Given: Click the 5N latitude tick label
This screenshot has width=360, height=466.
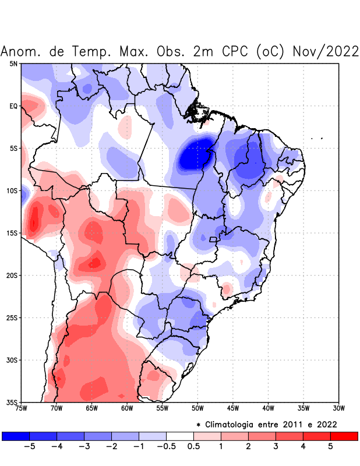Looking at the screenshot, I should tap(13, 63).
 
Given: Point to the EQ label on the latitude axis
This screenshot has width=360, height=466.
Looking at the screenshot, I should tap(13, 106).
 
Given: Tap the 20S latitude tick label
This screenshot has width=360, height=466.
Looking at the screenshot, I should tap(12, 275).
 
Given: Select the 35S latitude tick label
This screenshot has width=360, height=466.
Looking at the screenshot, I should tap(12, 402).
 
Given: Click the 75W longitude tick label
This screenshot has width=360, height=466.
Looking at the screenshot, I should tap(22, 408).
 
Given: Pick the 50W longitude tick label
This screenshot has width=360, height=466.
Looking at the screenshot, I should tap(197, 408).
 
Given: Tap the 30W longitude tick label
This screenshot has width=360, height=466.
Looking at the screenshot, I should tap(338, 408).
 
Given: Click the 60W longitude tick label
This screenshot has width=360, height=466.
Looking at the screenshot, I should tap(127, 408).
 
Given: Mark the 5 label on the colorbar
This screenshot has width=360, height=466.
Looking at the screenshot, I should tap(330, 447).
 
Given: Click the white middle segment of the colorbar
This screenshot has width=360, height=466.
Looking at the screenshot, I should tap(180, 436).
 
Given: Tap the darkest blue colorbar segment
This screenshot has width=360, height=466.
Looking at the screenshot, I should tap(16, 436).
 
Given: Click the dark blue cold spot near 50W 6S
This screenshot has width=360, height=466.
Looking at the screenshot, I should tap(194, 155).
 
